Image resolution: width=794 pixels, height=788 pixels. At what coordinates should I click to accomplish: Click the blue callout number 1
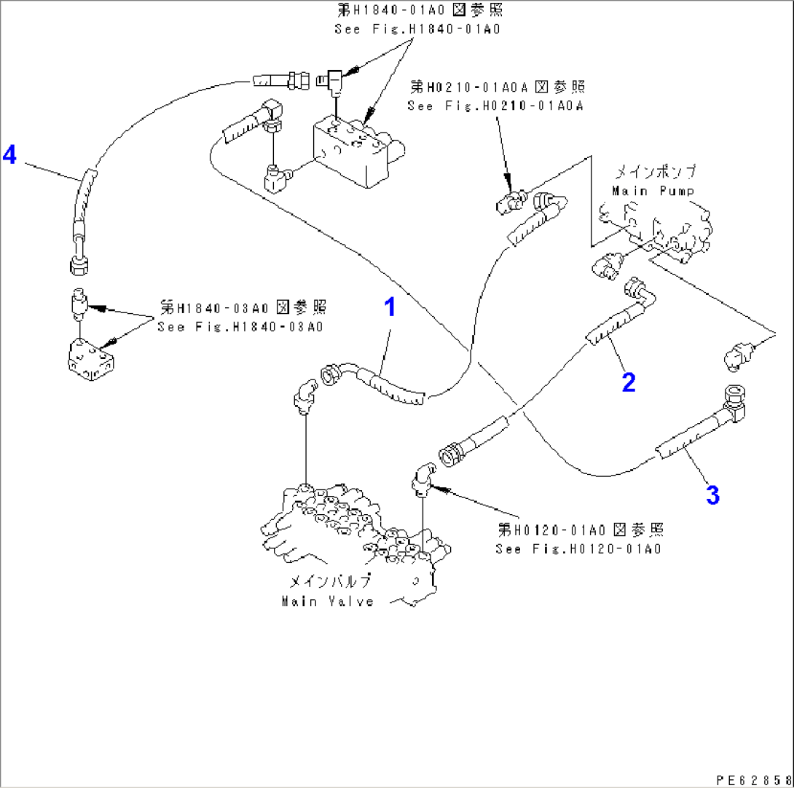pyautogui.click(x=390, y=307)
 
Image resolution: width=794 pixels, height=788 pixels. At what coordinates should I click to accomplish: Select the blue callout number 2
pyautogui.click(x=628, y=381)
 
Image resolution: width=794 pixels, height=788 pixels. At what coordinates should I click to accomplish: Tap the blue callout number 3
pyautogui.click(x=712, y=495)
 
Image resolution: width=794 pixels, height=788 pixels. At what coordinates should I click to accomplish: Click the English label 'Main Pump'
pyautogui.click(x=652, y=191)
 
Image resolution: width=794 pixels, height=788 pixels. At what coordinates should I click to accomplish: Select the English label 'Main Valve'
pyautogui.click(x=327, y=602)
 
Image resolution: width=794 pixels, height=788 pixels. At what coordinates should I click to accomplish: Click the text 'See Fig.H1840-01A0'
pyautogui.click(x=417, y=30)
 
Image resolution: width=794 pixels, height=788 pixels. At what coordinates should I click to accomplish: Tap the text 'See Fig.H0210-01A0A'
pyautogui.click(x=495, y=106)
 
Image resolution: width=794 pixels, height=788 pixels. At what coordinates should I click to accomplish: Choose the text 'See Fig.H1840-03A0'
pyautogui.click(x=240, y=326)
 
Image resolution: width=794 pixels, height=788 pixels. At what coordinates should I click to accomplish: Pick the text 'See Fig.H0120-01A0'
pyautogui.click(x=578, y=549)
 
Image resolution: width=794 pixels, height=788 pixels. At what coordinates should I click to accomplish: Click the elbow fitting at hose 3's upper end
pyautogui.click(x=736, y=402)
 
